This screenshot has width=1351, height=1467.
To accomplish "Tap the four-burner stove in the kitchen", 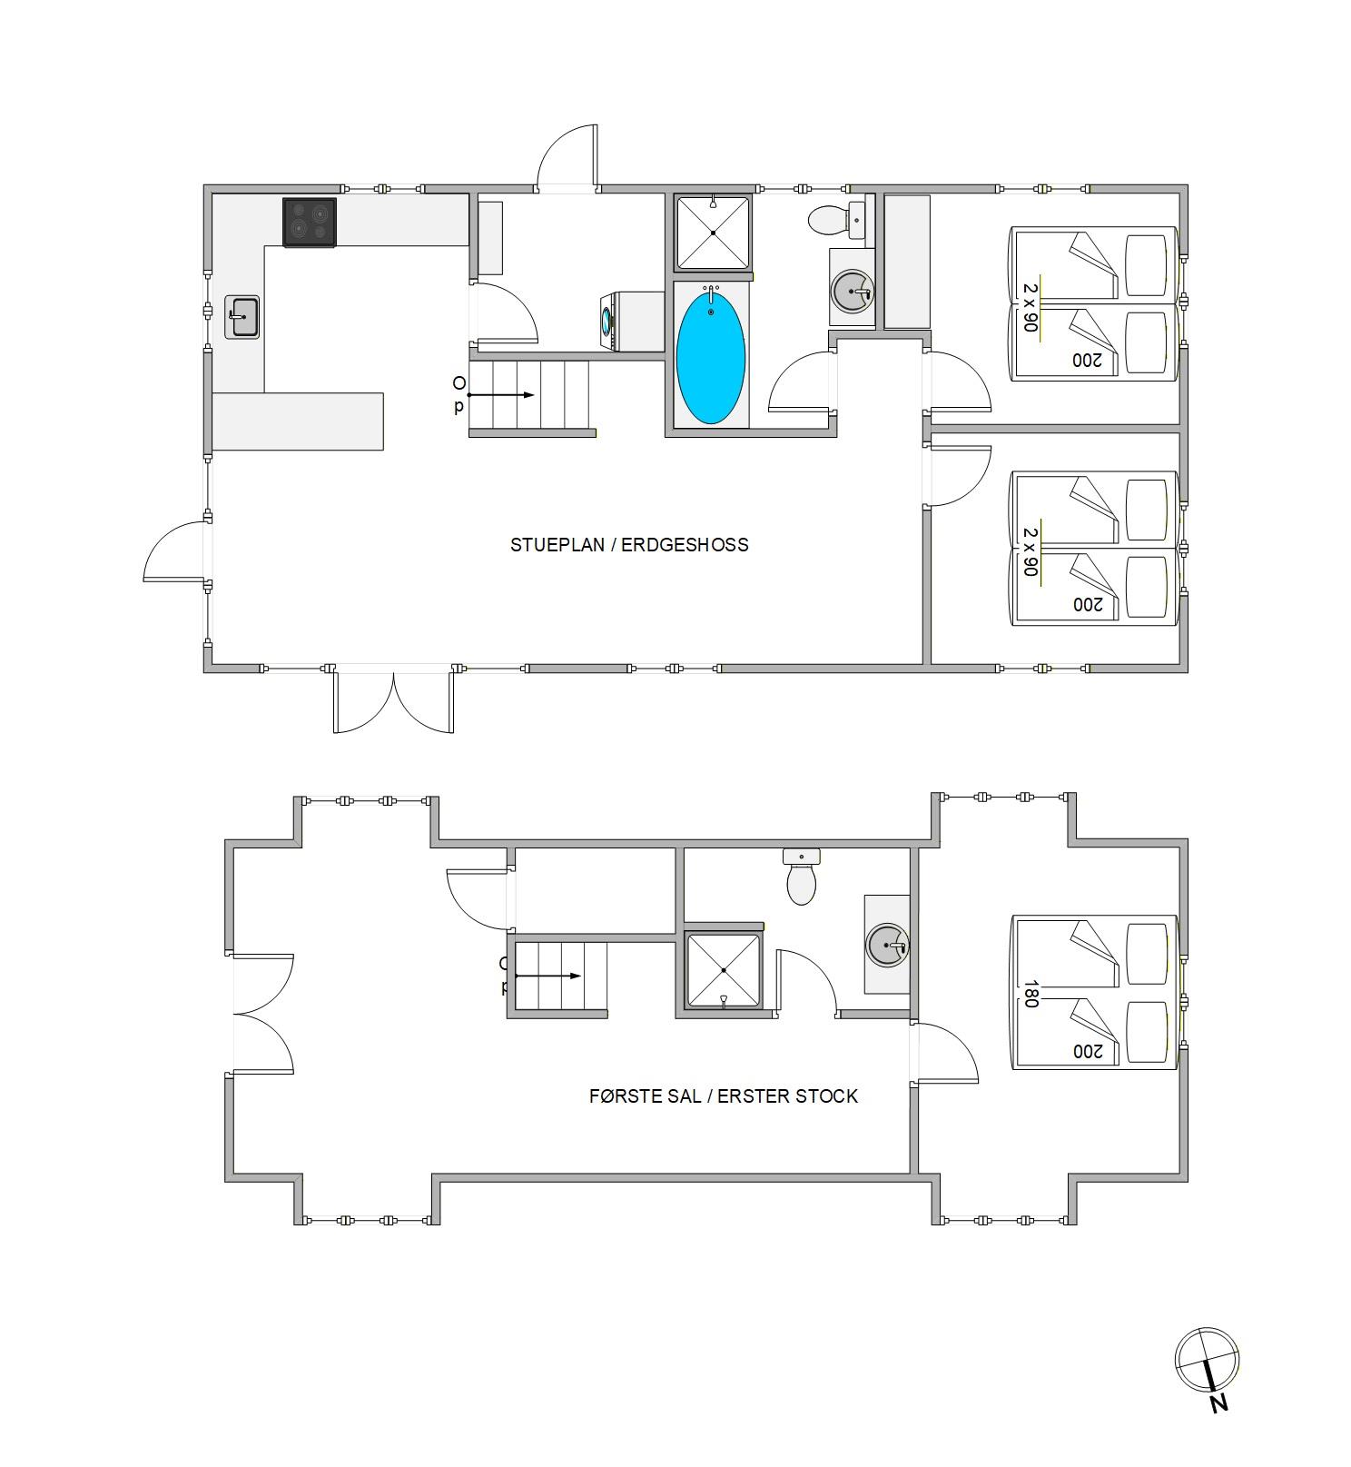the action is tap(310, 223).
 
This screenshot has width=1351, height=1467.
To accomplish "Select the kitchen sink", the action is tap(242, 317).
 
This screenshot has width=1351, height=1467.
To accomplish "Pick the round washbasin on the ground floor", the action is tap(853, 291).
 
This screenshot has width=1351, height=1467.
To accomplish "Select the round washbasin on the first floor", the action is tap(887, 946).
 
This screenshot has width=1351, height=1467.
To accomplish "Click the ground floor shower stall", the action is tap(714, 233).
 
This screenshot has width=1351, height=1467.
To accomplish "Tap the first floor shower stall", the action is tap(724, 970).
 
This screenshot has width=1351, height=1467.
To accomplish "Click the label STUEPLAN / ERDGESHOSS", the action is tap(629, 545).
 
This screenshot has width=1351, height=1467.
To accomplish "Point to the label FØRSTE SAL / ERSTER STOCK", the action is tap(724, 1096).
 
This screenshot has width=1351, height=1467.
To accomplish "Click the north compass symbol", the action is tap(1208, 1362).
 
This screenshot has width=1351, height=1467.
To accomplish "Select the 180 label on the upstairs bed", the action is tap(1031, 993).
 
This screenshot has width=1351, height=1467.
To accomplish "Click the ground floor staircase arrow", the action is tap(500, 395).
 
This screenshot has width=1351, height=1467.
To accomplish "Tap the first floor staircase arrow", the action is tap(548, 976).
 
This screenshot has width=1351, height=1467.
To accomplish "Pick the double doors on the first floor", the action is tap(263, 1014).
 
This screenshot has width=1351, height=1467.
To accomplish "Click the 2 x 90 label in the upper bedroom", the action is tap(1031, 307).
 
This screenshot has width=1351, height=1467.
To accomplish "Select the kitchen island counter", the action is tap(298, 421).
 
